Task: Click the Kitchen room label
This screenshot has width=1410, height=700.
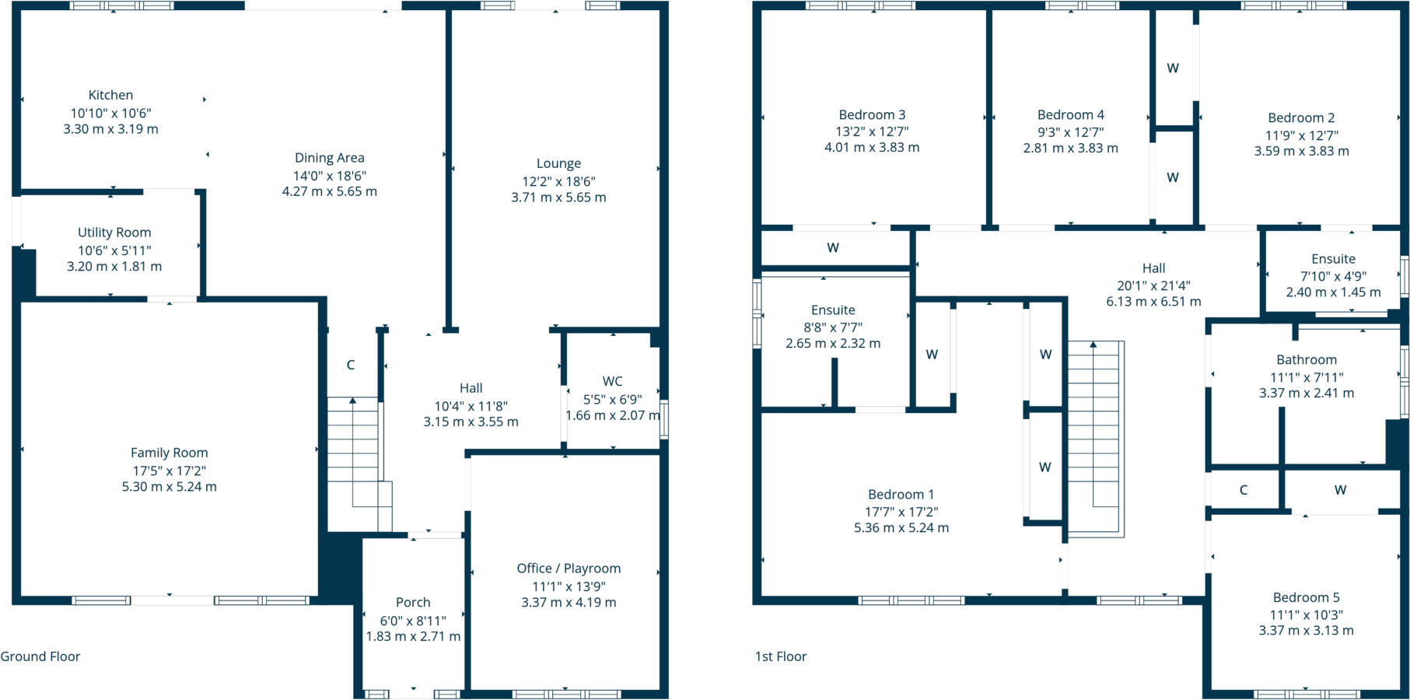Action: tap(110, 95)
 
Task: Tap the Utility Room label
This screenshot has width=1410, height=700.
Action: tap(114, 233)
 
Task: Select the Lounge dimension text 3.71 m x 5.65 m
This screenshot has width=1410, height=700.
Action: tap(558, 198)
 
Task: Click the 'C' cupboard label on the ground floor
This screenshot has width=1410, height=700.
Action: tap(351, 365)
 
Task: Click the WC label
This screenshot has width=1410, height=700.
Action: tap(612, 381)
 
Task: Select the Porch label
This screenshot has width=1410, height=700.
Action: tap(413, 602)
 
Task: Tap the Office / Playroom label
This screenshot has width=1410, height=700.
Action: tap(569, 569)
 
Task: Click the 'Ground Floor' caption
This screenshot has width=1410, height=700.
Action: tap(40, 656)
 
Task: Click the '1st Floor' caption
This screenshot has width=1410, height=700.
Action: tap(781, 656)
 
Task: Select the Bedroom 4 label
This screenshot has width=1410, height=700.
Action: tap(1070, 114)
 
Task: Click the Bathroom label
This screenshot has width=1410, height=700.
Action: tap(1307, 359)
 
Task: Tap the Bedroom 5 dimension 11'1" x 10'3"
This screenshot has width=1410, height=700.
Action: tap(1307, 614)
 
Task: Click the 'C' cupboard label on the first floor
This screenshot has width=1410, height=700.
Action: tap(1244, 490)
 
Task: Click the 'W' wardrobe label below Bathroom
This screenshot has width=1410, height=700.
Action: tap(1340, 490)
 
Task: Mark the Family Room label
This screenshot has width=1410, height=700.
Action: tap(169, 453)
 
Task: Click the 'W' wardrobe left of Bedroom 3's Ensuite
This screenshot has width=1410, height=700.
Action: tap(833, 247)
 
